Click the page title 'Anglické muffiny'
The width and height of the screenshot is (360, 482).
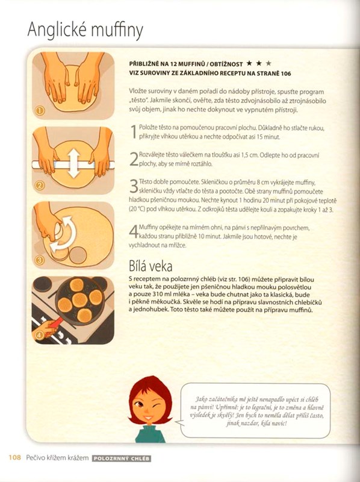coord(85,30)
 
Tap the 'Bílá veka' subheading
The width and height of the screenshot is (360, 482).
coord(151,266)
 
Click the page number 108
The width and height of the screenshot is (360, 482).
coord(14,458)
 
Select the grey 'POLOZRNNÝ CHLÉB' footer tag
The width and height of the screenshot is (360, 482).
coord(122,459)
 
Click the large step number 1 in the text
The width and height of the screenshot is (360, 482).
coord(134,132)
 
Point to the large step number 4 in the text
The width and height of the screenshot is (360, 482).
coord(134,232)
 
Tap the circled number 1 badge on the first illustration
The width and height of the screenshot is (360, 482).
coord(39,110)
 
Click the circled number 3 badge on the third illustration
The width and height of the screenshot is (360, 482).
coord(40,260)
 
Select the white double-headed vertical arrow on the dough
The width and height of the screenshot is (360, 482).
coord(73,163)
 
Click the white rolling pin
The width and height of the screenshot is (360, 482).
coord(73,165)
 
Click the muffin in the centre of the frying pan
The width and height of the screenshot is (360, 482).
coord(79,299)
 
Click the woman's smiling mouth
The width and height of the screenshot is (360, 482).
coord(147,418)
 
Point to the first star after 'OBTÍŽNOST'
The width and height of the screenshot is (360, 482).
coord(249,63)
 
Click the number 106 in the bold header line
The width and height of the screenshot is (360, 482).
coord(286,74)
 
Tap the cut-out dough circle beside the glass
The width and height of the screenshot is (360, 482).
coord(78,255)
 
